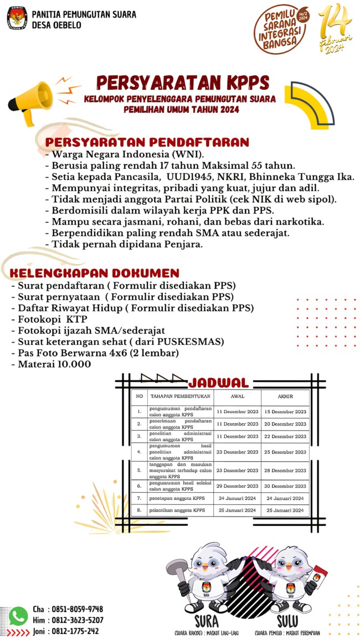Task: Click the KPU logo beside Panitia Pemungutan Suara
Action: [x=17, y=18]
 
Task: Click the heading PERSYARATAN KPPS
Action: [x=182, y=82]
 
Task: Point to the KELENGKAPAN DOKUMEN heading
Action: [x=94, y=273]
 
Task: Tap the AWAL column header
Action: [x=237, y=396]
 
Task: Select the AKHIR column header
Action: [x=285, y=396]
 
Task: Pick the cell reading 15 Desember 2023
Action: [x=285, y=412]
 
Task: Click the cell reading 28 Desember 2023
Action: [x=285, y=471]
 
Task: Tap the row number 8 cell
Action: [x=140, y=510]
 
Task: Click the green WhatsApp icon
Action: [x=18, y=616]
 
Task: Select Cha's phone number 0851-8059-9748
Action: [x=76, y=609]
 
